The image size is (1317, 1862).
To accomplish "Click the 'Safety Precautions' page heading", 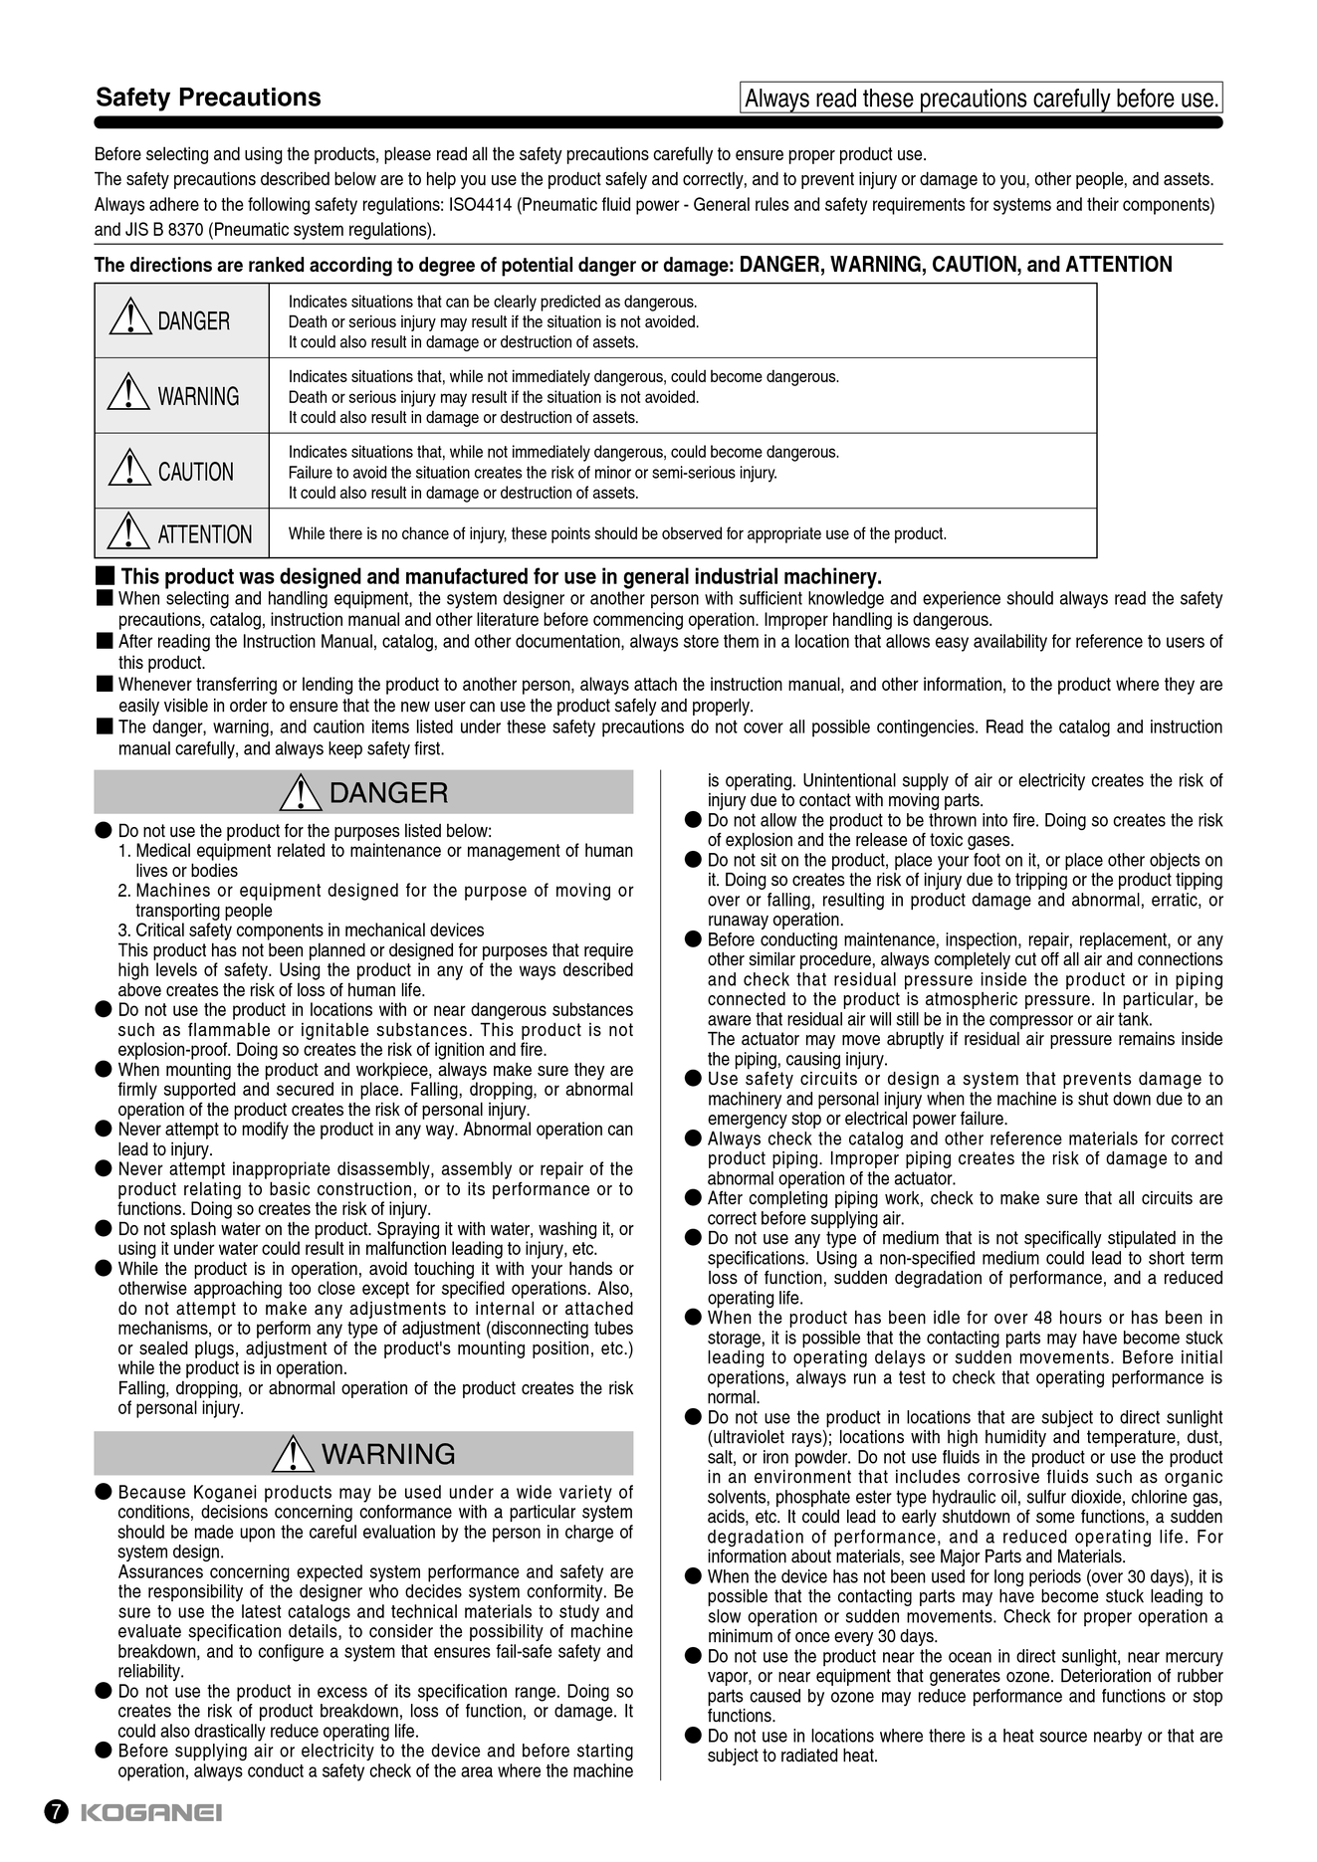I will [x=208, y=98].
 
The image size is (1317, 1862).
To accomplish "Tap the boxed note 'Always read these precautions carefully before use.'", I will [x=981, y=99].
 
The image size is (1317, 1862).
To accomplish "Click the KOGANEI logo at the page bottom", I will [x=150, y=1812].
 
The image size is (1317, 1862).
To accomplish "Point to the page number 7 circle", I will [x=57, y=1812].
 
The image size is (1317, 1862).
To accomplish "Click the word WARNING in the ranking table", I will [x=198, y=396].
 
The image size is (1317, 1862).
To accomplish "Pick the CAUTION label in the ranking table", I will [x=195, y=472].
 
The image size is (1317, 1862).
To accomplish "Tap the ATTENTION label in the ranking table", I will [x=204, y=534].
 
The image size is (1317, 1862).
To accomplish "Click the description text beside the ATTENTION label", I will [x=617, y=534].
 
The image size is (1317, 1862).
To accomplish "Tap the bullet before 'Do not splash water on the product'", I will [x=103, y=1229].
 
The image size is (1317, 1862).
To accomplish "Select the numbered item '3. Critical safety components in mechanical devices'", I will [x=301, y=931].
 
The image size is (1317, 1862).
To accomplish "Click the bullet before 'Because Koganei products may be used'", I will [x=103, y=1492].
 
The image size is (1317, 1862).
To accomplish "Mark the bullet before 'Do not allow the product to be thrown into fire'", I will [x=693, y=820].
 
